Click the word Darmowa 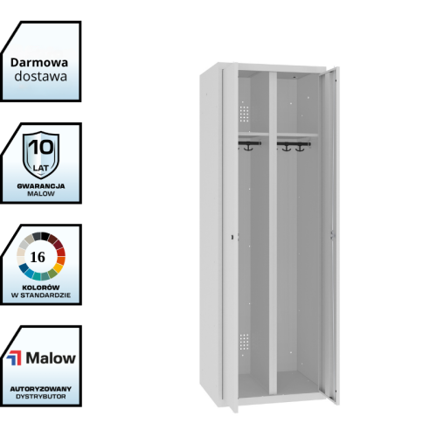pyautogui.click(x=39, y=63)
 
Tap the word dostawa pyautogui.click(x=41, y=76)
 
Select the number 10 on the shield pyautogui.click(x=41, y=147)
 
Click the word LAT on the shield pyautogui.click(x=41, y=168)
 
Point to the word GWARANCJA pyautogui.click(x=41, y=186)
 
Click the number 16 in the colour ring pyautogui.click(x=38, y=257)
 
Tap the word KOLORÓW pyautogui.click(x=41, y=288)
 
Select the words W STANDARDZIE pyautogui.click(x=41, y=295)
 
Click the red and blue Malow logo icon pyautogui.click(x=14, y=358)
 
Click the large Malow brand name pyautogui.click(x=51, y=358)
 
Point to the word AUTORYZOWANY pyautogui.click(x=41, y=389)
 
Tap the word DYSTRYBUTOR pyautogui.click(x=41, y=397)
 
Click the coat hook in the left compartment pyautogui.click(x=248, y=146)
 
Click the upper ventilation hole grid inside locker pyautogui.click(x=244, y=114)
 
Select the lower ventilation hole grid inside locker pyautogui.click(x=244, y=342)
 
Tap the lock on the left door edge pyautogui.click(x=232, y=238)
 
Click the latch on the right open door pyautogui.click(x=332, y=235)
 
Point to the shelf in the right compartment pyautogui.click(x=297, y=135)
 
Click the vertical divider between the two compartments pyautogui.click(x=273, y=233)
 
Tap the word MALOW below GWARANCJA pyautogui.click(x=41, y=194)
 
